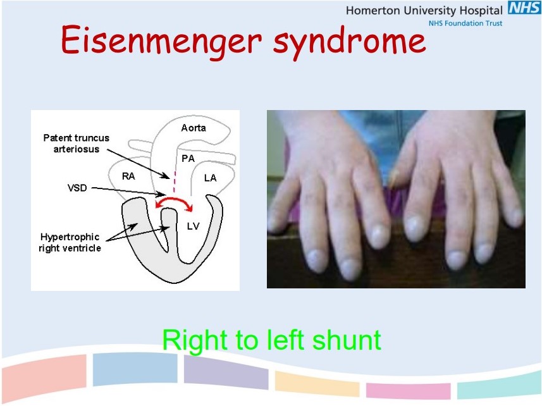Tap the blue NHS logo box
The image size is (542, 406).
[x=524, y=10]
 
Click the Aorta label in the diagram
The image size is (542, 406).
[x=193, y=128]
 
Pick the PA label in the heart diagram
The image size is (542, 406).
[x=188, y=159]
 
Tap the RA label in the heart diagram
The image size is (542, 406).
[x=128, y=176]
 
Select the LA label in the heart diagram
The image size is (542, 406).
[x=210, y=178]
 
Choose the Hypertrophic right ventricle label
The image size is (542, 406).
[x=70, y=242]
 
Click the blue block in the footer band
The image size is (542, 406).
[x=135, y=369]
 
